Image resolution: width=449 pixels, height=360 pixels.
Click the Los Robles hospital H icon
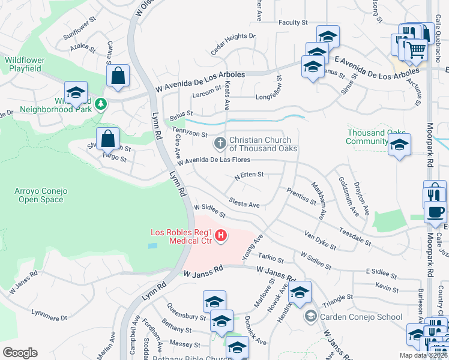point(221,236)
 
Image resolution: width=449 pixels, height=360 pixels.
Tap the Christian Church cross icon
point(220,143)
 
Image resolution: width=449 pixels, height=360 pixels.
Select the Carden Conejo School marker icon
point(311,316)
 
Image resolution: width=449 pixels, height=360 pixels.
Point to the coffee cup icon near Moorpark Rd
point(435,212)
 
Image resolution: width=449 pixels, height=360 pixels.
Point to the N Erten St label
point(249,175)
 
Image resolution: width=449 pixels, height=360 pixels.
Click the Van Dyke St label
point(320,240)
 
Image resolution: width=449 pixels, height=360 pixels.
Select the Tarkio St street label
point(271,259)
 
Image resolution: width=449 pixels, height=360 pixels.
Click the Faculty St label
point(293,22)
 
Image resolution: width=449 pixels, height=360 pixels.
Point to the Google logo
point(20,353)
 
